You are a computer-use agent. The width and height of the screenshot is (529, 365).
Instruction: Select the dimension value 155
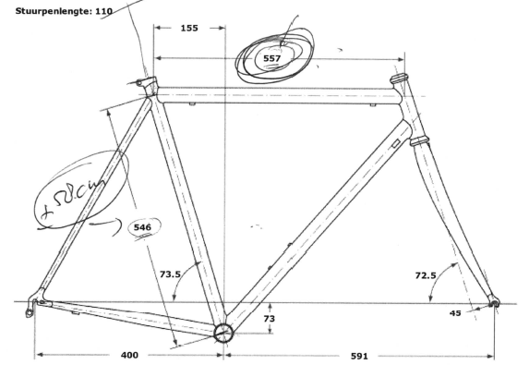(189, 29)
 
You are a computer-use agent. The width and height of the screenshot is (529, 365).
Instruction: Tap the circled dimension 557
(271, 58)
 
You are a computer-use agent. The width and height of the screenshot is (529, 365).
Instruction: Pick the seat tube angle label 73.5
(170, 274)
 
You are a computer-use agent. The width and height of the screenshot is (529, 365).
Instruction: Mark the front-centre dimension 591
(360, 354)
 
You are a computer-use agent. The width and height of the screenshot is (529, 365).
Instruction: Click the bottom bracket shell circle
(222, 333)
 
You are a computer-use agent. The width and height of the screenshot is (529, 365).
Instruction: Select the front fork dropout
(493, 303)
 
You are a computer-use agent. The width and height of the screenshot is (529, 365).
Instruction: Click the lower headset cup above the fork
(419, 141)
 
